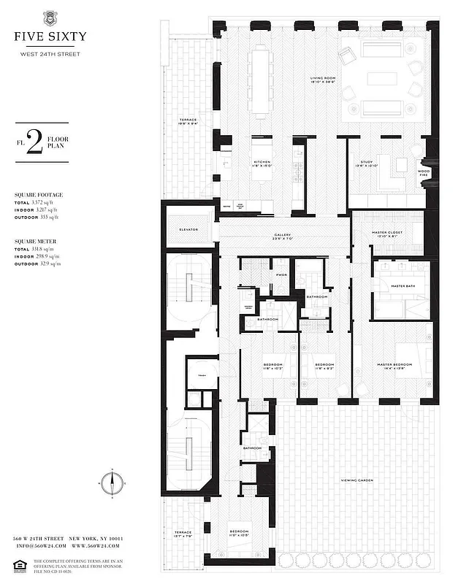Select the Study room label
coord(367,161)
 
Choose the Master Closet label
coord(388,234)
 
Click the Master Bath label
coord(402,286)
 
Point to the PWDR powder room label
coord(281,274)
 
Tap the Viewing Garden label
coord(358,480)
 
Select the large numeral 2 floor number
coord(34,142)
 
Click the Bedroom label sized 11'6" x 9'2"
coord(324,365)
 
